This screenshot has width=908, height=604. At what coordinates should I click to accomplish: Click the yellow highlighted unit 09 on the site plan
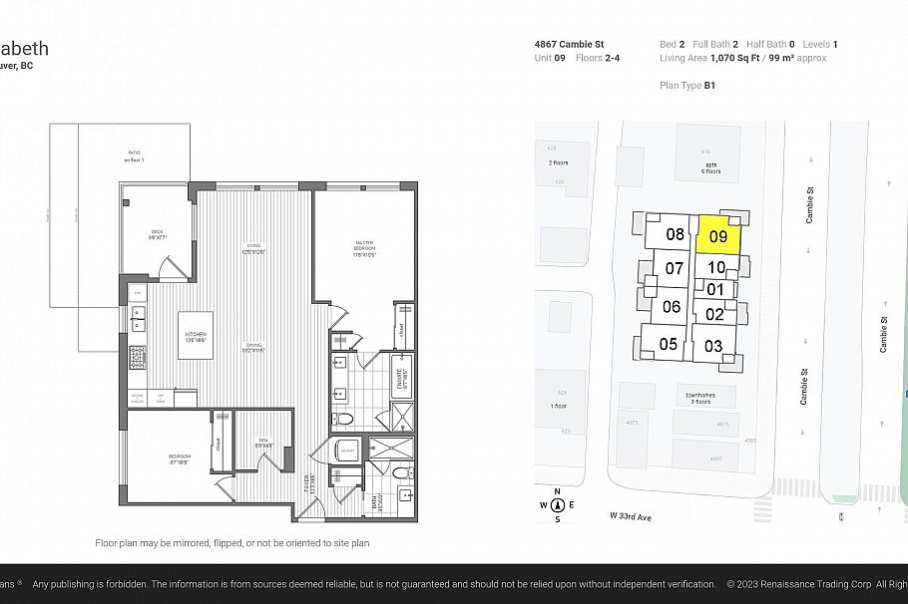(718, 236)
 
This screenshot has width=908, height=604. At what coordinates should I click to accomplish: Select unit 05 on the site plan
(668, 345)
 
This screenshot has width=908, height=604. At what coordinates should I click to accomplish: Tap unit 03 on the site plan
(713, 346)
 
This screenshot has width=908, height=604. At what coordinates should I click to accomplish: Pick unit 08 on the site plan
(675, 235)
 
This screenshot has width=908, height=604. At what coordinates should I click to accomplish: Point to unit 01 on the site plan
(714, 289)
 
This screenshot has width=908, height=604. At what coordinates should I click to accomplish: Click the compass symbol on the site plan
(557, 505)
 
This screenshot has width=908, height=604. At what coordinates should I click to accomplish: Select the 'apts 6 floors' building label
(711, 168)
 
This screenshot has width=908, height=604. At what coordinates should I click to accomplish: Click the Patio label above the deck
(134, 155)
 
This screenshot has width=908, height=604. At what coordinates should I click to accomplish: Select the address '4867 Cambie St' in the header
(568, 45)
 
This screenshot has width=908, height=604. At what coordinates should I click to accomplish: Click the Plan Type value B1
(709, 86)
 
